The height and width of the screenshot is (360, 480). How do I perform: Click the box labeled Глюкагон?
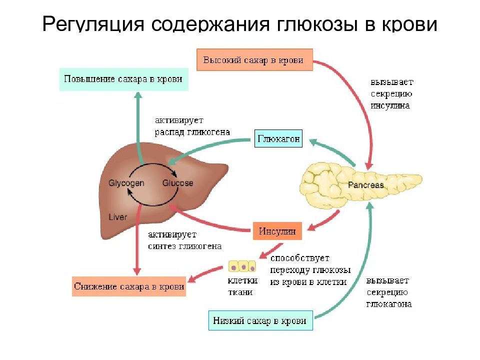pyautogui.click(x=278, y=138)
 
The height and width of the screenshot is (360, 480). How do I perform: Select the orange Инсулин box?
pyautogui.click(x=277, y=231)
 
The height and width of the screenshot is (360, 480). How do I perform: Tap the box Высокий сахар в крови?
pyautogui.click(x=254, y=59)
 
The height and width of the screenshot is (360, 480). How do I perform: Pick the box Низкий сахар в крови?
pyautogui.click(x=260, y=320)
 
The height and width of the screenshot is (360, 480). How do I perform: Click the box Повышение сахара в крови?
pyautogui.click(x=123, y=79)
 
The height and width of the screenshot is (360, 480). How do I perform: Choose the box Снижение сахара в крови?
pyautogui.click(x=129, y=286)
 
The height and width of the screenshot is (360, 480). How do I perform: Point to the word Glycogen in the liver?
pyautogui.click(x=126, y=183)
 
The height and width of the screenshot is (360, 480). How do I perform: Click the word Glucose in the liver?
pyautogui.click(x=177, y=183)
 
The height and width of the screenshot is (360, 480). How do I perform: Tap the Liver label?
pyautogui.click(x=117, y=217)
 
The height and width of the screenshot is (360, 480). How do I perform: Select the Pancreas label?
pyautogui.click(x=366, y=185)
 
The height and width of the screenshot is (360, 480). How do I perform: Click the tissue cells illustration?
pyautogui.click(x=242, y=266)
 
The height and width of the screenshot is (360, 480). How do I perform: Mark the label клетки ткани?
pyautogui.click(x=242, y=286)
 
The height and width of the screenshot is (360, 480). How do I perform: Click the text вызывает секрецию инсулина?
pyautogui.click(x=392, y=93)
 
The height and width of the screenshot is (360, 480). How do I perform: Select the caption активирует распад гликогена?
pyautogui.click(x=192, y=126)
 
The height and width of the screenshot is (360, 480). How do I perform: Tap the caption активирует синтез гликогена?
pyautogui.click(x=184, y=240)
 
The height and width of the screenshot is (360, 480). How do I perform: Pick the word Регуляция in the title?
pyautogui.click(x=93, y=24)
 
